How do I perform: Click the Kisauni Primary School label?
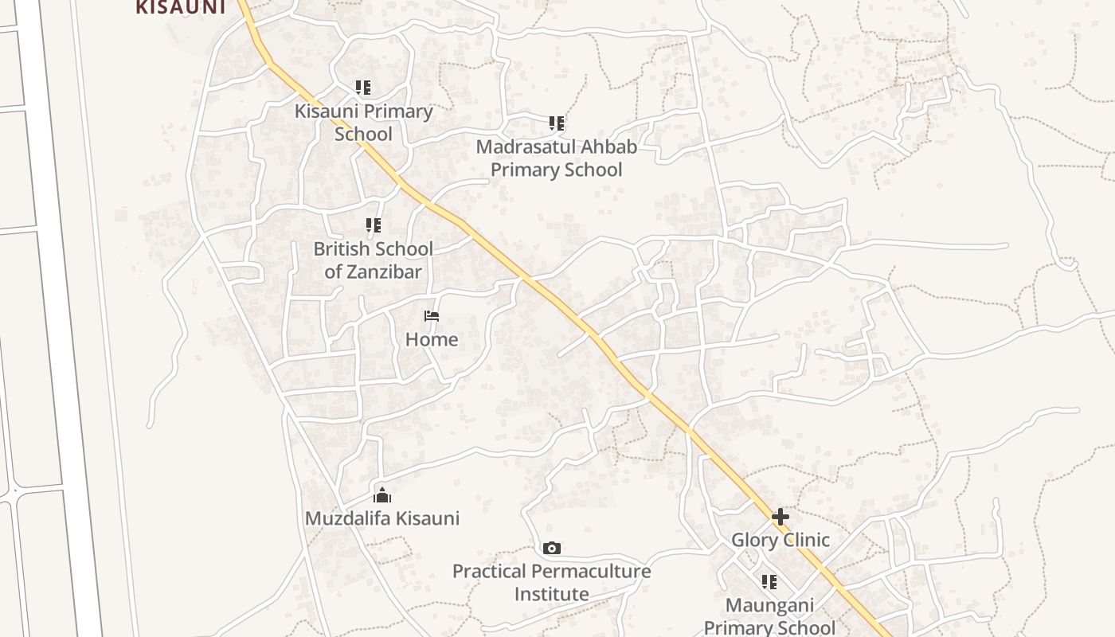tap(364, 122)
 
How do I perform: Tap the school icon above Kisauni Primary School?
tap(363, 87)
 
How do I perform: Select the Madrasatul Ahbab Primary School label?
tap(556, 158)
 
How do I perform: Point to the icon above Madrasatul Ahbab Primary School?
tap(557, 123)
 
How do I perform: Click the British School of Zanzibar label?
tap(373, 260)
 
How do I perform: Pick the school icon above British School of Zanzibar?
tap(373, 226)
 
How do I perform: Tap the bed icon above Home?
tap(432, 316)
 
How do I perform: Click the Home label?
tap(432, 339)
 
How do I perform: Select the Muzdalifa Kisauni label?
tap(382, 518)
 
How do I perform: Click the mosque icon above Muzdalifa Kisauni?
tap(382, 495)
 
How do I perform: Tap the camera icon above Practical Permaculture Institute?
tap(551, 548)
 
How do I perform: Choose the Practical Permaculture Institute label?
tap(551, 582)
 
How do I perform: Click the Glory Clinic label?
tap(780, 540)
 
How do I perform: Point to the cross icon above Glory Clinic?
tap(780, 517)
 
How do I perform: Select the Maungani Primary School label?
tap(769, 616)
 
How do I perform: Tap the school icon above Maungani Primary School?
tap(769, 582)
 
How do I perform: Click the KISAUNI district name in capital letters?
tap(181, 7)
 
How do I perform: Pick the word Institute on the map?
tap(551, 594)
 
